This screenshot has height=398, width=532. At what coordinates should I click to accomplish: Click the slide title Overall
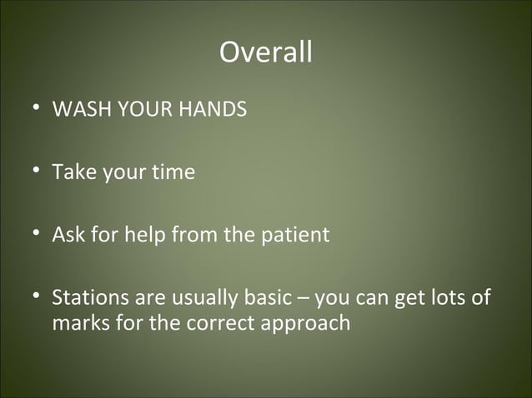pos(266,52)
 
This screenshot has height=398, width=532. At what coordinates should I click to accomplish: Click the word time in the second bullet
pos(173,172)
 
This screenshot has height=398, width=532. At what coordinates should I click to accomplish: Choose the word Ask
pos(68,235)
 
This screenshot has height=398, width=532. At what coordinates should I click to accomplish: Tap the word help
pos(145,235)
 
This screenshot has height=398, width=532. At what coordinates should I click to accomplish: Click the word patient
pos(298,235)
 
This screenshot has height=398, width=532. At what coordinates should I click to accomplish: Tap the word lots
pos(446,297)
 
